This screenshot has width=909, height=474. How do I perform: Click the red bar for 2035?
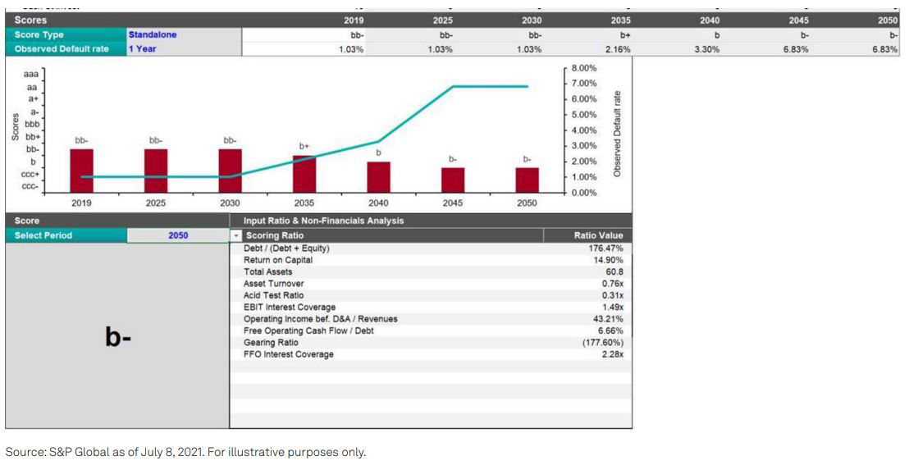pos(304,173)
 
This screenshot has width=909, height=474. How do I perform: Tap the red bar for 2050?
pos(528,179)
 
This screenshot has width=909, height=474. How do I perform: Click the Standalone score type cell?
pos(153,35)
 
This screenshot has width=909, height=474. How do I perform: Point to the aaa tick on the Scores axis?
pos(30,74)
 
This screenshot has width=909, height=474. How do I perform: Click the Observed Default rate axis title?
pos(616,132)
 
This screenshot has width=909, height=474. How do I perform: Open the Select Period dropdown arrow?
pos(236,235)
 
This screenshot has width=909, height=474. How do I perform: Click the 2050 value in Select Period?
pos(178,235)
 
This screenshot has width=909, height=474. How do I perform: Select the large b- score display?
pos(117,336)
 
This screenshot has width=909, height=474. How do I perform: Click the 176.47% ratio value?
pos(606,248)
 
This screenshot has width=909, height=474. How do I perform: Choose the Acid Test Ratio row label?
pos(273,295)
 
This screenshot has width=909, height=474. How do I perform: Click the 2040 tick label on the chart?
pos(378,202)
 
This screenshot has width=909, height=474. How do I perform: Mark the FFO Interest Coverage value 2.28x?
pos(613,354)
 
